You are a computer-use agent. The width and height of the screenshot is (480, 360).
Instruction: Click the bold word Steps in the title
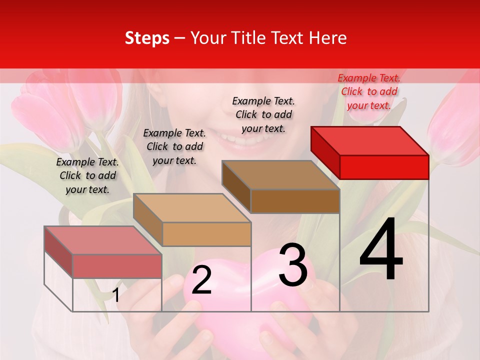[x=147, y=38]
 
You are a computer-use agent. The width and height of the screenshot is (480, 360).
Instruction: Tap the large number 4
[x=381, y=249]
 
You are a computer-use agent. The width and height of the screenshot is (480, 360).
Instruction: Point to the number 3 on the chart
[x=292, y=265]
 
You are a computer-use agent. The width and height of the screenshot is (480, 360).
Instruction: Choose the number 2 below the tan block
[x=201, y=280]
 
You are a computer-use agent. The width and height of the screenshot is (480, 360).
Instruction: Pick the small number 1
[x=116, y=295]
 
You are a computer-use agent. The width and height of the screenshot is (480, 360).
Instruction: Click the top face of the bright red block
[x=370, y=140]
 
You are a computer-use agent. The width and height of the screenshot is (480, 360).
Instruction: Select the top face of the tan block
[x=192, y=208]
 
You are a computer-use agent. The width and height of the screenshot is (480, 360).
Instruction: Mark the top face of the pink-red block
[x=103, y=240]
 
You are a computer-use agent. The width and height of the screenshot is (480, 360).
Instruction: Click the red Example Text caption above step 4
[x=369, y=91]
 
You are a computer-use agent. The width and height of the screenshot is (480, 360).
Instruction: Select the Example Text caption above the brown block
[x=263, y=114]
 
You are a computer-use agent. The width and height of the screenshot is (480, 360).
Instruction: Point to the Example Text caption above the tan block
[x=174, y=146]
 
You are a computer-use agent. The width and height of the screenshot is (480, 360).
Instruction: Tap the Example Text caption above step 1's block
[x=87, y=175]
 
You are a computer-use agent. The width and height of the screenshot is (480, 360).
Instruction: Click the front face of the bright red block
[x=384, y=167]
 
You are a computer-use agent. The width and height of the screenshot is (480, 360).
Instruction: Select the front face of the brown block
[x=295, y=201]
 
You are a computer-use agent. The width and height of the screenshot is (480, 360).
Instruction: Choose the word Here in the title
[x=328, y=38]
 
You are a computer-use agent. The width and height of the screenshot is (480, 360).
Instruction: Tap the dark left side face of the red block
[x=325, y=149]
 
